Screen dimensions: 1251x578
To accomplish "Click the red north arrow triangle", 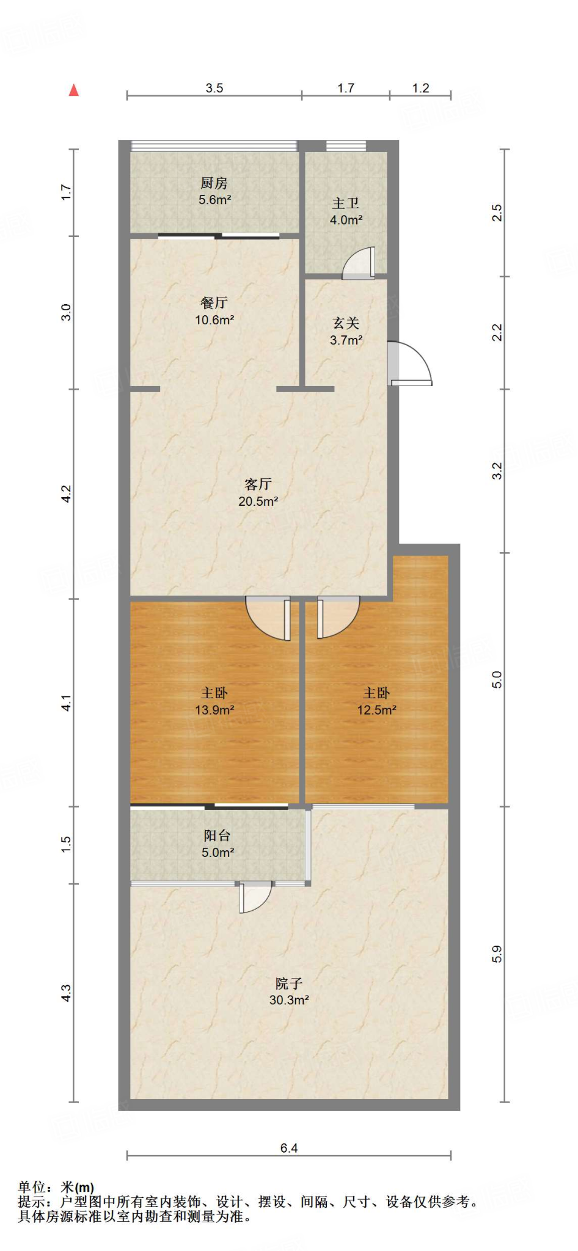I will click(x=74, y=90).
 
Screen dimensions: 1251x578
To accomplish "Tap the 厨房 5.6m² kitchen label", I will click(x=214, y=191).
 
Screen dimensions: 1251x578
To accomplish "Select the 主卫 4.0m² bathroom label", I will click(x=346, y=211).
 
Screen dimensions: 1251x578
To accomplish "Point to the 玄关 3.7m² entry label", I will click(x=346, y=331).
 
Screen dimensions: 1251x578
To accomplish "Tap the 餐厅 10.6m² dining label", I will click(x=214, y=311).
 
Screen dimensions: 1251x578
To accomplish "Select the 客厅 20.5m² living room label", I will click(x=258, y=492).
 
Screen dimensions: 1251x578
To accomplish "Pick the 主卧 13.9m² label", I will click(x=214, y=701).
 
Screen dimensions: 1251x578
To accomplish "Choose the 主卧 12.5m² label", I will click(x=376, y=701).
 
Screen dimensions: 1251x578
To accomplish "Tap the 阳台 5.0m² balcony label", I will click(x=218, y=844).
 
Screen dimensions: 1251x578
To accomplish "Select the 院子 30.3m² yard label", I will click(x=288, y=991).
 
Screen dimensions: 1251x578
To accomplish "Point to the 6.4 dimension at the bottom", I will click(x=288, y=1148).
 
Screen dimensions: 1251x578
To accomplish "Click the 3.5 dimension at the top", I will click(x=214, y=88).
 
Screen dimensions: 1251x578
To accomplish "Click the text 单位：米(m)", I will click(x=56, y=1187).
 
